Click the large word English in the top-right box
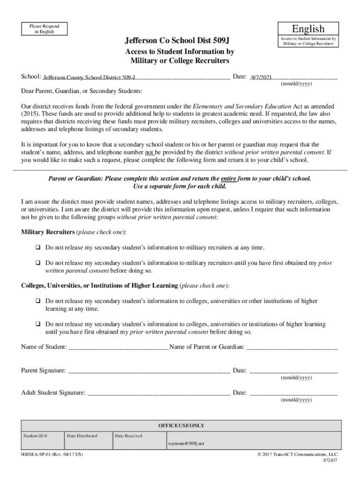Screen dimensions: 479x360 tap(308, 29)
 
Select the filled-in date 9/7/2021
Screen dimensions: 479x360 tap(261, 77)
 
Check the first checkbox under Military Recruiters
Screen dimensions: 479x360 tap(37, 247)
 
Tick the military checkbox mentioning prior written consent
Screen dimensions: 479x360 tap(37, 263)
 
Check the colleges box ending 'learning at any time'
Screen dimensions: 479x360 tap(37, 301)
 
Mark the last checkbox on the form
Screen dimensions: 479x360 tap(37, 324)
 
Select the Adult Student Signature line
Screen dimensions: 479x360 tap(158, 393)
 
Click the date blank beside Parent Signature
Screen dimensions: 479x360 tap(293, 371)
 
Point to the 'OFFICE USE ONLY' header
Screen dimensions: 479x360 tap(181, 426)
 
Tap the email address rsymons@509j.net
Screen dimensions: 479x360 tap(186, 443)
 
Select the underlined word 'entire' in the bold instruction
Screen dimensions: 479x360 tap(228, 179)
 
